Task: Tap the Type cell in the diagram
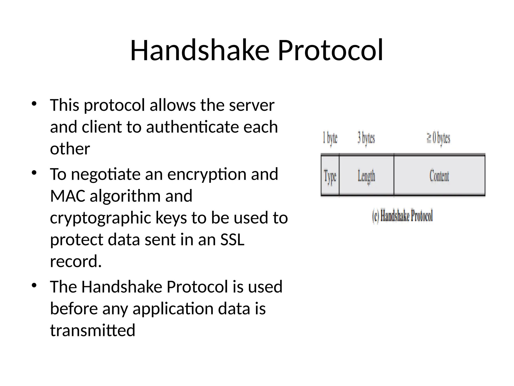pyautogui.click(x=330, y=176)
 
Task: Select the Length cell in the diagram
pyautogui.click(x=366, y=176)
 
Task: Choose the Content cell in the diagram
pyautogui.click(x=439, y=176)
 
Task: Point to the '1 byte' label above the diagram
pyautogui.click(x=330, y=138)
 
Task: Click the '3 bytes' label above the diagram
pyautogui.click(x=366, y=138)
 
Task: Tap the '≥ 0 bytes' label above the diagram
pyautogui.click(x=438, y=138)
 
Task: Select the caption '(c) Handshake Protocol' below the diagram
pyautogui.click(x=402, y=216)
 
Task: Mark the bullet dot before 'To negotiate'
pyautogui.click(x=34, y=173)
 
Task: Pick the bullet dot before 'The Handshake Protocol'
pyautogui.click(x=34, y=285)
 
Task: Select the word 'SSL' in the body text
pyautogui.click(x=232, y=239)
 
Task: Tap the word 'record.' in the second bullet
pyautogui.click(x=76, y=261)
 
